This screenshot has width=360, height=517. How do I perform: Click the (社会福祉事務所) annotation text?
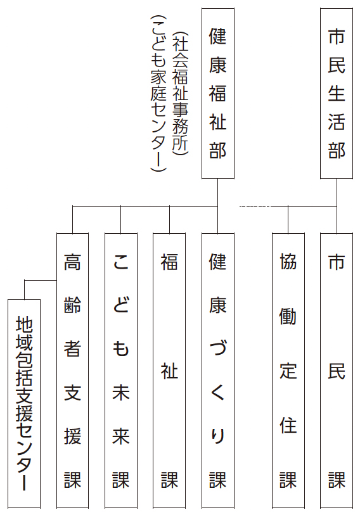[x=181, y=93]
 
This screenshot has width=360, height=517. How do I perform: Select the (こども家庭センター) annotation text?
[x=158, y=93]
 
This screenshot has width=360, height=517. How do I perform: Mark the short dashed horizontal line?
[x=255, y=207]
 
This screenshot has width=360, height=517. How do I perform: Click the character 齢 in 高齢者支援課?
[x=72, y=305]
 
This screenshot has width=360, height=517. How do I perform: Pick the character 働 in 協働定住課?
[x=288, y=316]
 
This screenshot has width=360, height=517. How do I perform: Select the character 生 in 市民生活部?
[x=337, y=93]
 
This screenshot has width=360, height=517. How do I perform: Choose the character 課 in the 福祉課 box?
[x=169, y=480]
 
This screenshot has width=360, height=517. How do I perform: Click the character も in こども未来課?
[x=121, y=348]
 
